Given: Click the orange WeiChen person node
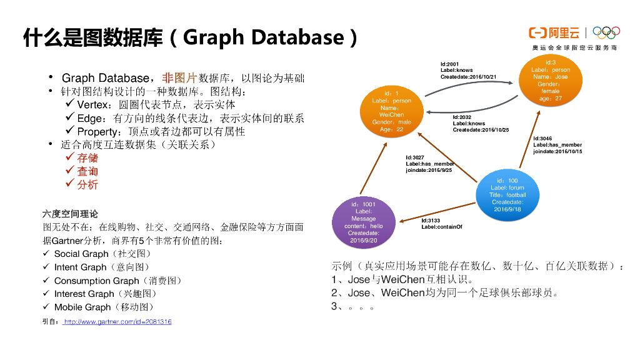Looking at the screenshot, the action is pos(391,111).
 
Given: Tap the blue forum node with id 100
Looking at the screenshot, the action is pos(507,194).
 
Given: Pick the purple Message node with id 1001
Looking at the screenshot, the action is pos(363,222).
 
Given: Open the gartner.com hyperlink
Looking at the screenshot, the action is pos(118,322).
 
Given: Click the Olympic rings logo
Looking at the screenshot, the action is pos(606,33).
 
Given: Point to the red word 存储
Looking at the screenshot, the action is pos(87,157).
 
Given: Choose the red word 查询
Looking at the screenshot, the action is pos(87,171).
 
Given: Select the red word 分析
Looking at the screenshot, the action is pos(87,185).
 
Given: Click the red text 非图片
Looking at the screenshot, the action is pos(179,78).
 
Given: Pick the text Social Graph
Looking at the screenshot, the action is pos(81,254).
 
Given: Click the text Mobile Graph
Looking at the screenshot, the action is pos(82,307).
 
